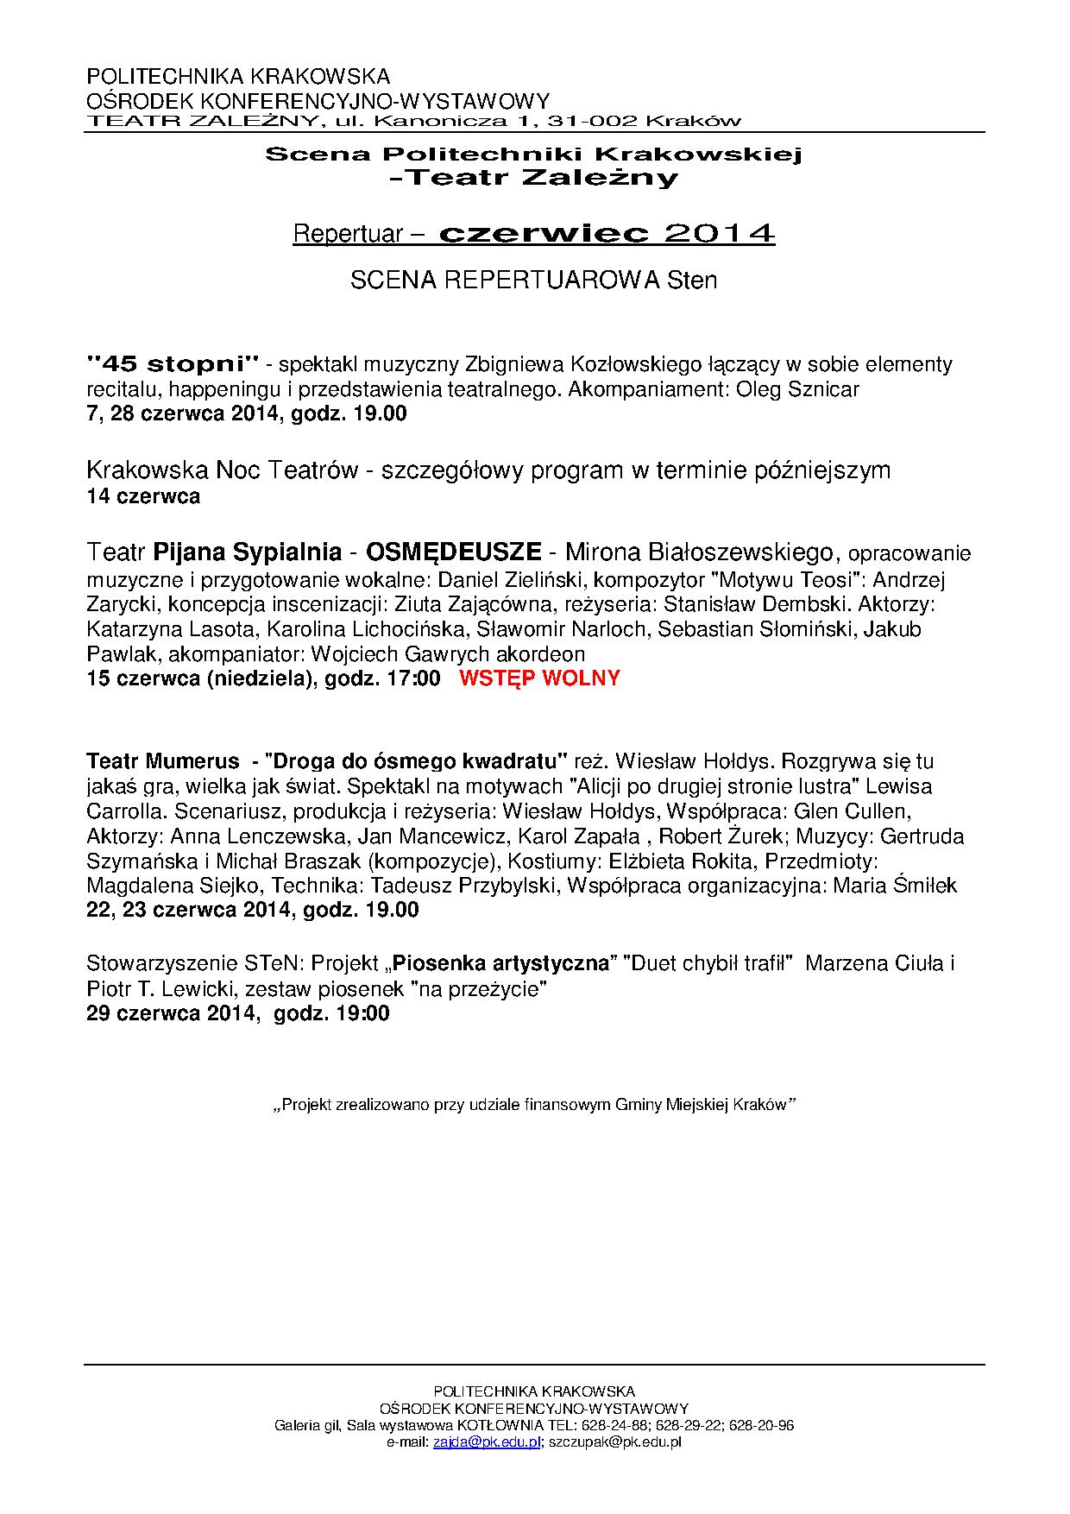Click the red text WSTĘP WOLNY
click(x=539, y=678)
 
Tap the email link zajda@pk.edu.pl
click(x=487, y=1441)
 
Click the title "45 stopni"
click(x=173, y=363)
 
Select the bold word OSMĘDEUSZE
click(x=454, y=552)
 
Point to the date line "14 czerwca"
click(x=143, y=496)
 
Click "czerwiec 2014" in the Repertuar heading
click(x=607, y=234)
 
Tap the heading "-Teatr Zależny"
click(x=534, y=179)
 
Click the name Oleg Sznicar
click(x=797, y=389)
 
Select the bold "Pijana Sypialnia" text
click(x=247, y=552)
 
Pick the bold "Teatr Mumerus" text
click(x=163, y=761)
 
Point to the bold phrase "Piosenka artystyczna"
click(x=501, y=963)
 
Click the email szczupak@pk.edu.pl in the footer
click(x=615, y=1441)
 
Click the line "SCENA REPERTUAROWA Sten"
click(x=533, y=281)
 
